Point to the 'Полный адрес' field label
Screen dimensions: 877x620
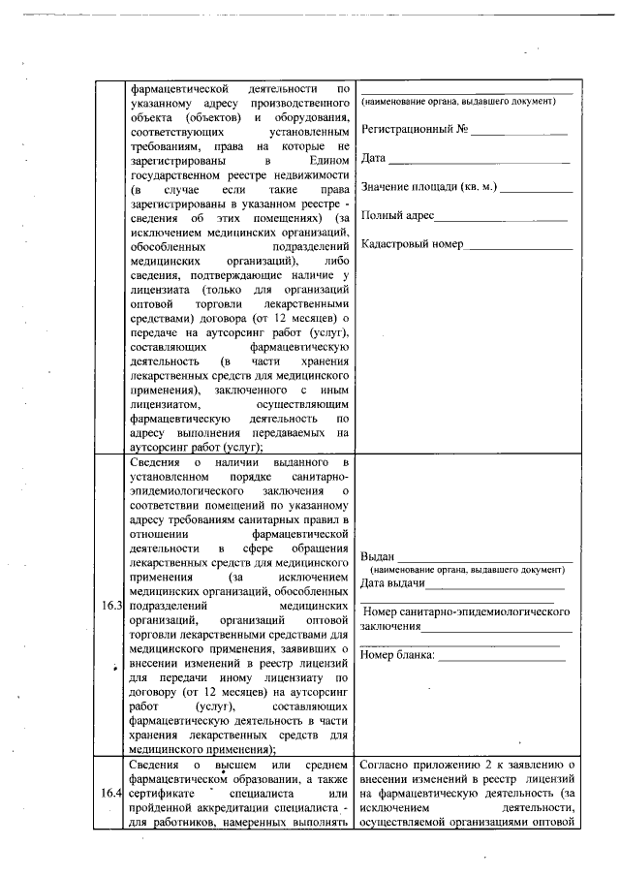pyautogui.click(x=397, y=215)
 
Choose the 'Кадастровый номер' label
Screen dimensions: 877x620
pyautogui.click(x=412, y=244)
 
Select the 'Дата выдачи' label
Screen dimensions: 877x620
pyautogui.click(x=392, y=583)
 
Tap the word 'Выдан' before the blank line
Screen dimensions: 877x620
pyautogui.click(x=377, y=556)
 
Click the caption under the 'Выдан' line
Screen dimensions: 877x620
pyautogui.click(x=467, y=570)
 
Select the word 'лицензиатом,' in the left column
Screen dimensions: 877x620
pyautogui.click(x=166, y=403)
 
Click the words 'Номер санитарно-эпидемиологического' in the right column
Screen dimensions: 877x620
pyautogui.click(x=464, y=612)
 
